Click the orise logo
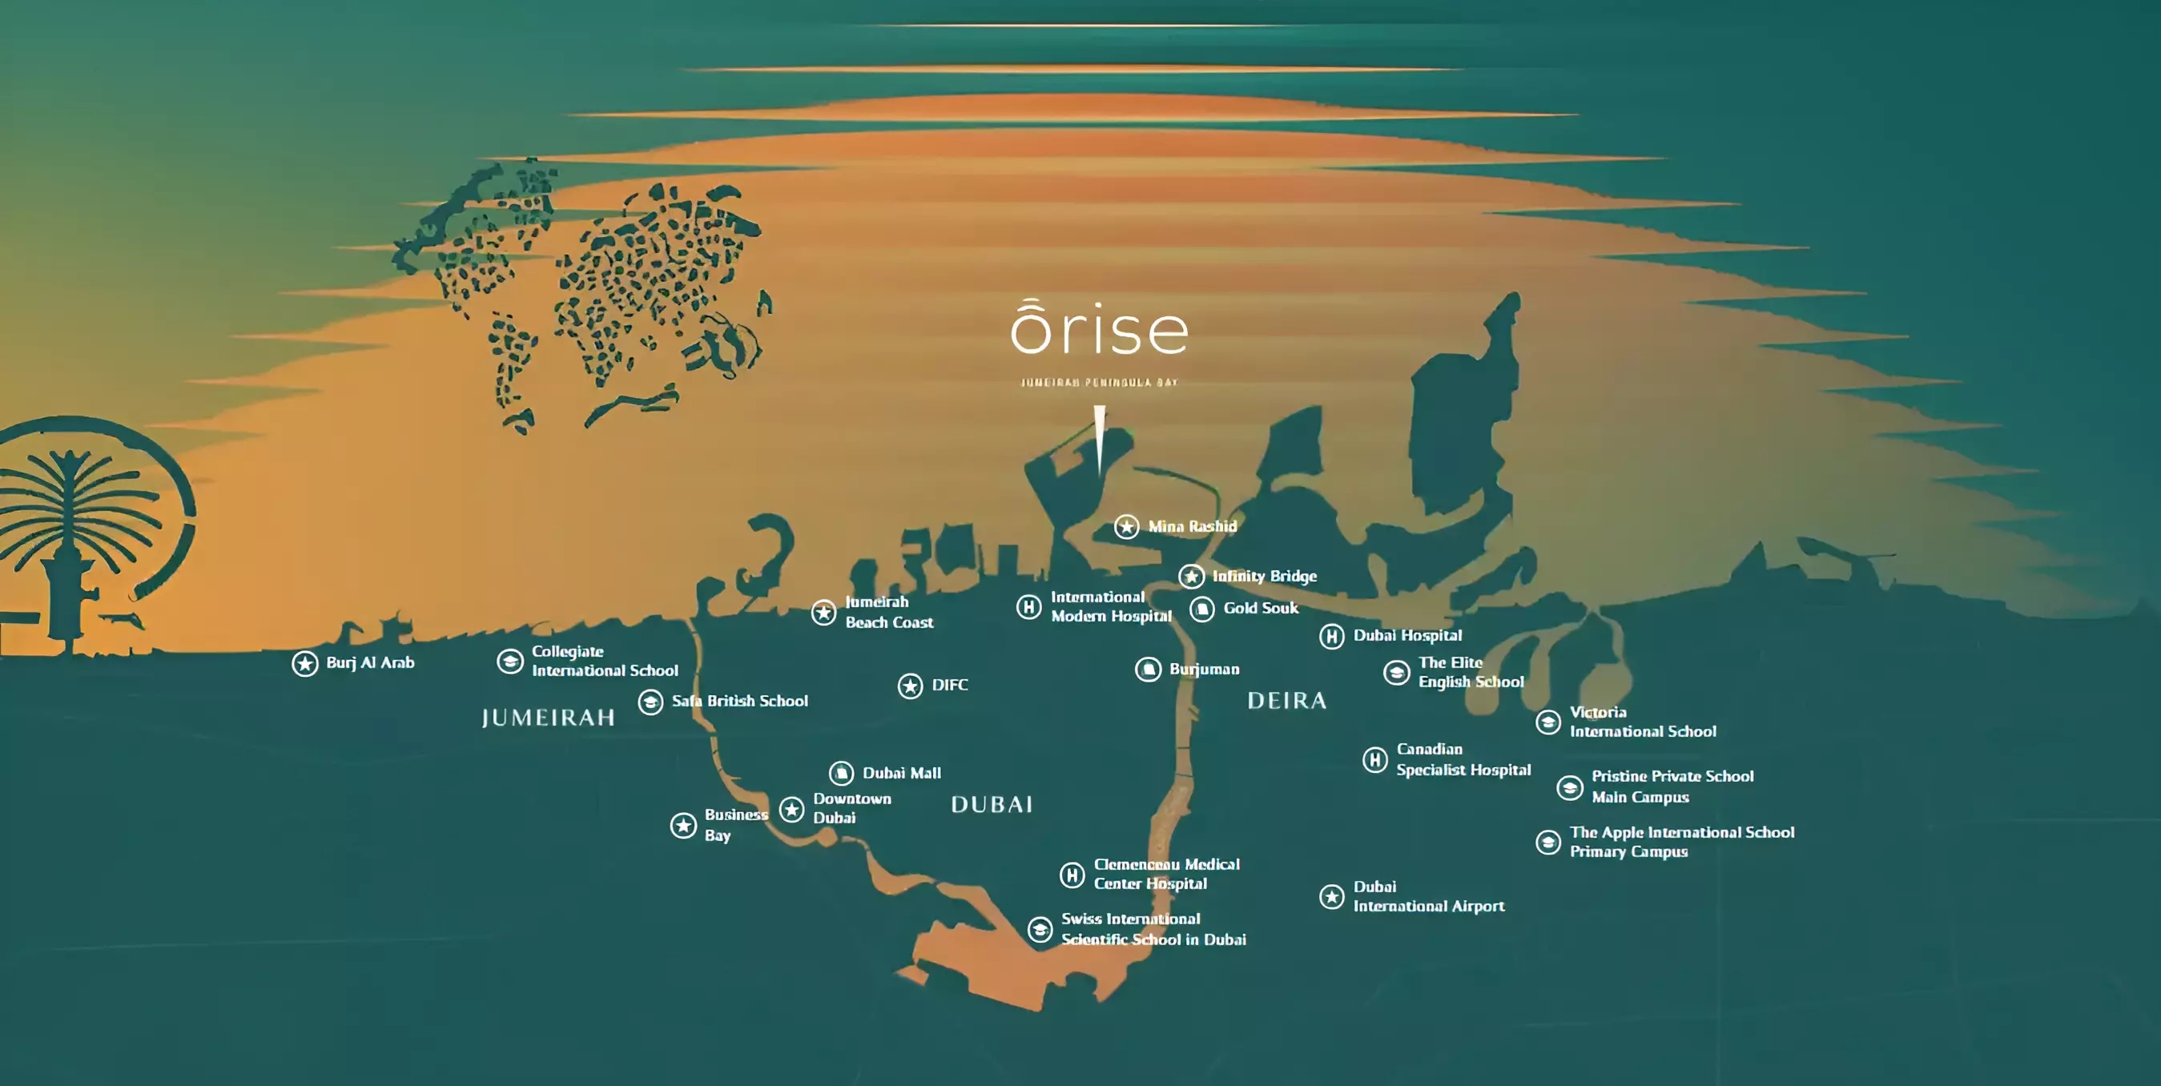pyautogui.click(x=1099, y=330)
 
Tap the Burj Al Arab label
pyautogui.click(x=370, y=662)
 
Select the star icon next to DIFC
pyautogui.click(x=910, y=686)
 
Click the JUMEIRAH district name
pyautogui.click(x=548, y=718)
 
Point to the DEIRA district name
pyautogui.click(x=1287, y=701)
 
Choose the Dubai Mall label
pyautogui.click(x=902, y=773)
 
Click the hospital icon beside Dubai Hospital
pyautogui.click(x=1331, y=637)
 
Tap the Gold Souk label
pyautogui.click(x=1260, y=608)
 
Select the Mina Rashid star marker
pyautogui.click(x=1127, y=527)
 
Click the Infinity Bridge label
pyautogui.click(x=1264, y=576)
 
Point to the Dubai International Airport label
pyautogui.click(x=1428, y=896)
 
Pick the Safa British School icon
pyautogui.click(x=650, y=702)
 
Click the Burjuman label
pyautogui.click(x=1204, y=670)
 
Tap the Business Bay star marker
pyautogui.click(x=684, y=825)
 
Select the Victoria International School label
pyautogui.click(x=1642, y=722)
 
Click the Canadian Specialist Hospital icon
pyautogui.click(x=1375, y=760)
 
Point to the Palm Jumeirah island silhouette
pyautogui.click(x=84, y=537)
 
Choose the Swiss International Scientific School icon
pyautogui.click(x=1040, y=929)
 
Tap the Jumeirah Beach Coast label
pyautogui.click(x=888, y=612)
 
